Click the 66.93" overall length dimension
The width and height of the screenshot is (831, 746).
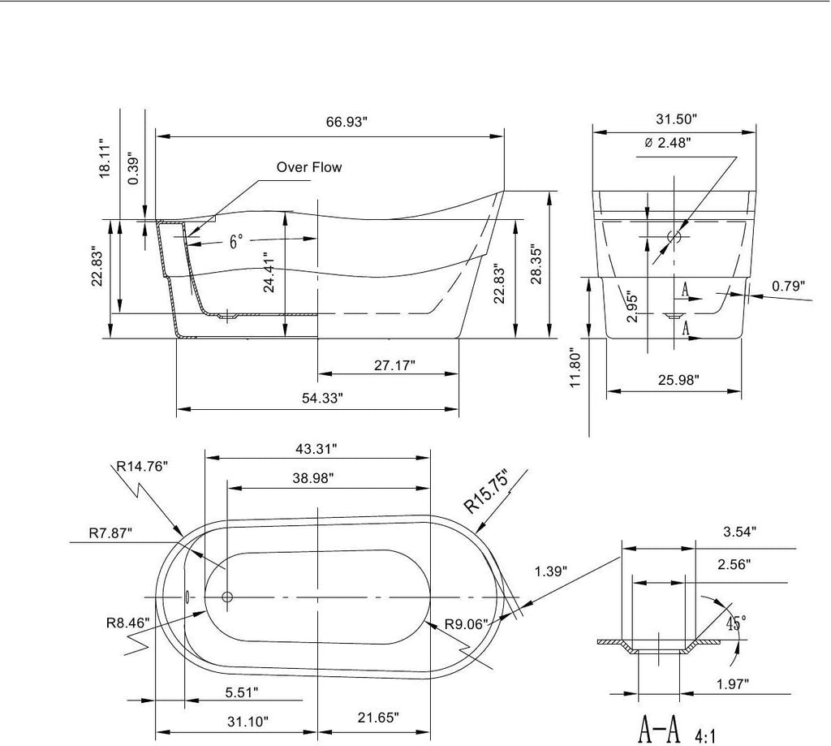347,122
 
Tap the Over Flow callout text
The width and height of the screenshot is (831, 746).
309,167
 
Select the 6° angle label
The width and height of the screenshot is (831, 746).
236,242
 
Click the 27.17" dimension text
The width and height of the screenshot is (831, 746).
394,365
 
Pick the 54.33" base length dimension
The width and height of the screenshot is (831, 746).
323,398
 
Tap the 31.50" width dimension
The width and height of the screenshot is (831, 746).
676,119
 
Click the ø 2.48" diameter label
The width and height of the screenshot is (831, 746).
668,143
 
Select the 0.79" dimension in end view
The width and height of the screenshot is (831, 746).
788,287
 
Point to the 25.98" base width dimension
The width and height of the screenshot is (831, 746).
678,380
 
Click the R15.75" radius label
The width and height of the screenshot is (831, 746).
486,492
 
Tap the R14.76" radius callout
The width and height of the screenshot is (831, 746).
142,467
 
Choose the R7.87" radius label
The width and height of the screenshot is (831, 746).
110,533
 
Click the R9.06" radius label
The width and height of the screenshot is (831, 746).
466,624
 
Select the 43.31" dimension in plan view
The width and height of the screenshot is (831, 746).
316,449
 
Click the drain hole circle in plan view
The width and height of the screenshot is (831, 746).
227,597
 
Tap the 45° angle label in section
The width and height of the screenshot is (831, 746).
736,623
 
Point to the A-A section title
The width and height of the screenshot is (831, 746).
659,730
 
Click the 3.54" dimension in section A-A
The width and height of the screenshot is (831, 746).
739,531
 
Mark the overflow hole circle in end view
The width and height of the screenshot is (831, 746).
674,236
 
